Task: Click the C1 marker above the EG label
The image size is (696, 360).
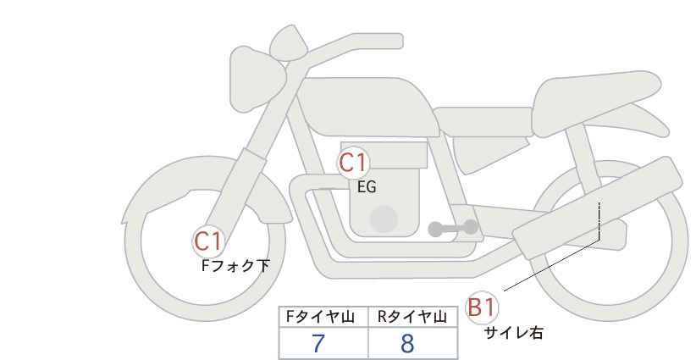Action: pos(353,163)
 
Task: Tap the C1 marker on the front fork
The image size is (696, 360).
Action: pos(208,242)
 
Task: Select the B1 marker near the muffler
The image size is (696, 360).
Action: pos(482,307)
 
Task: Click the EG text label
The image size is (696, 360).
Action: pos(367,187)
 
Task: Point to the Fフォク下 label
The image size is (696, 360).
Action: pos(235,266)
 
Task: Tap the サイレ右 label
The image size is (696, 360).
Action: pos(513,333)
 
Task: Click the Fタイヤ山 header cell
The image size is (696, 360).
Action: pos(323,317)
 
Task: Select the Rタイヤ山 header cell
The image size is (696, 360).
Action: pos(413,317)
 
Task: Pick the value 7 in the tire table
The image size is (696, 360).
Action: pos(318,343)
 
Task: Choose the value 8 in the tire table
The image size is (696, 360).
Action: pos(407,343)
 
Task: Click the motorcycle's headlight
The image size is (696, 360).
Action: pos(257,79)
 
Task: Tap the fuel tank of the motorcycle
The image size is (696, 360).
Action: pos(367,107)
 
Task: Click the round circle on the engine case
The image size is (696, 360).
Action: pos(384,219)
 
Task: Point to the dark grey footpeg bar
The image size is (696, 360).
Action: pos(453,228)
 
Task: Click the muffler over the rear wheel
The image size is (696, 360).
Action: pos(597,208)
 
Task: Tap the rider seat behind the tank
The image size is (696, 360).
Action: pos(483,122)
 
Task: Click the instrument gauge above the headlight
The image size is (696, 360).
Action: pos(289,42)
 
